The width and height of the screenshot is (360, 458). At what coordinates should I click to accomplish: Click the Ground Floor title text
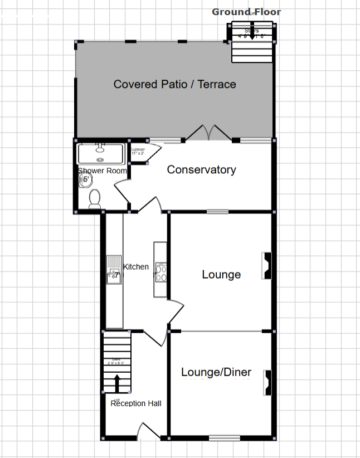pyautogui.click(x=246, y=12)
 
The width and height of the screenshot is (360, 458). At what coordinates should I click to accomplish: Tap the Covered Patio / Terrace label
pyautogui.click(x=174, y=84)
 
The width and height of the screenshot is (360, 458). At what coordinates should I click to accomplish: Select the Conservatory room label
pyautogui.click(x=201, y=170)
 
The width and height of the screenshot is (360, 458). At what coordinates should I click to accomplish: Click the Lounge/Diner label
pyautogui.click(x=216, y=373)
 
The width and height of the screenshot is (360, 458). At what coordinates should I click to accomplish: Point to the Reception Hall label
pyautogui.click(x=136, y=403)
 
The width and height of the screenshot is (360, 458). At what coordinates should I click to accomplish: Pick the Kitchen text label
pyautogui.click(x=136, y=266)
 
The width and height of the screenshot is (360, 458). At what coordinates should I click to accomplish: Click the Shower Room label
pyautogui.click(x=103, y=170)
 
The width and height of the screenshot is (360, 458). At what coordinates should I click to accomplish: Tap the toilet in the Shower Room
pyautogui.click(x=95, y=198)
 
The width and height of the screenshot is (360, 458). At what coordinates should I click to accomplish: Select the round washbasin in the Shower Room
pyautogui.click(x=85, y=179)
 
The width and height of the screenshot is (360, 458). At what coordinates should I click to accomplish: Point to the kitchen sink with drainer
pyautogui.click(x=114, y=270)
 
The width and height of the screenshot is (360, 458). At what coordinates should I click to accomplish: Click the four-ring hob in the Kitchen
pyautogui.click(x=160, y=272)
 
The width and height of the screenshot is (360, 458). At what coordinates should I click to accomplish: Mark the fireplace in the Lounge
pyautogui.click(x=267, y=266)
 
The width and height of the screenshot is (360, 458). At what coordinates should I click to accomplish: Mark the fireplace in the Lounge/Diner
pyautogui.click(x=267, y=383)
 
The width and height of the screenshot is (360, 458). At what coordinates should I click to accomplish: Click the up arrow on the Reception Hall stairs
pyautogui.click(x=117, y=384)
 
